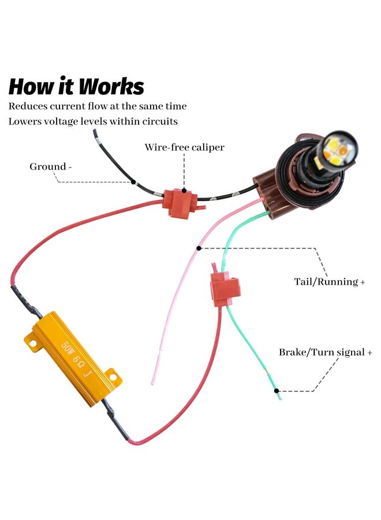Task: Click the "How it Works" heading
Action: (x=76, y=86)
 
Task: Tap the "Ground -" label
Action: (x=51, y=167)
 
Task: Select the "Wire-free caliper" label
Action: (x=184, y=147)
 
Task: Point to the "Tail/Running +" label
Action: (x=329, y=282)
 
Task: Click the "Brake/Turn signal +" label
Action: (x=326, y=352)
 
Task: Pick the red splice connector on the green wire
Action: (x=224, y=289)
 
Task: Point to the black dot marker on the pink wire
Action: (x=199, y=248)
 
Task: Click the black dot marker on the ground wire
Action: (x=133, y=182)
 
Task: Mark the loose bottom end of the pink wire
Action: (x=153, y=381)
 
